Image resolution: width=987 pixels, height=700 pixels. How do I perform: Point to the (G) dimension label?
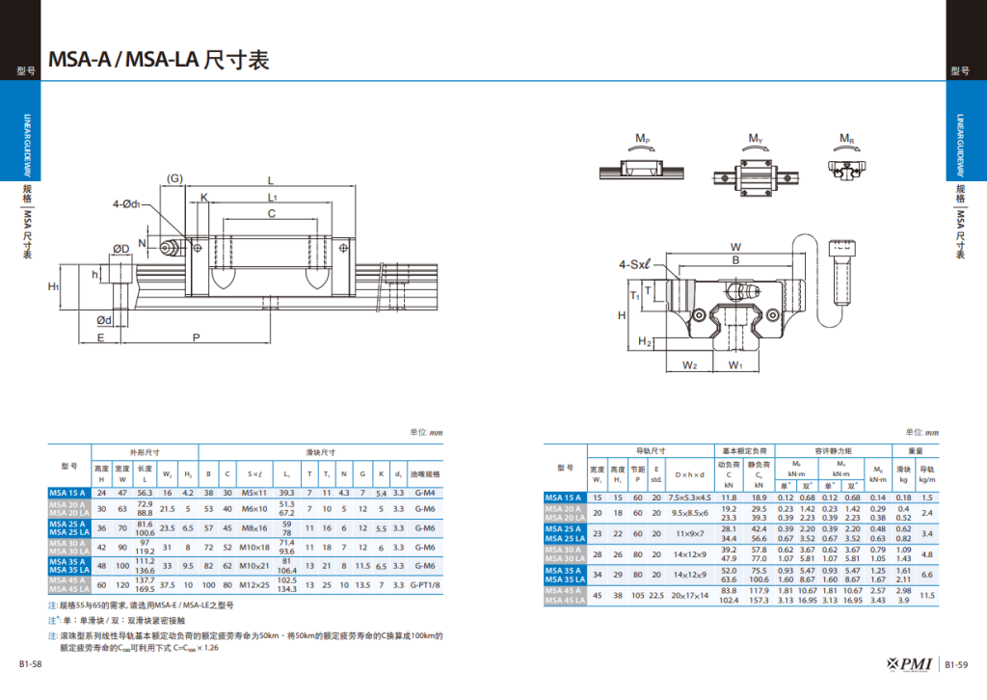pyautogui.click(x=174, y=178)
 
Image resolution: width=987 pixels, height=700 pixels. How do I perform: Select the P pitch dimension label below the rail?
pyautogui.click(x=197, y=337)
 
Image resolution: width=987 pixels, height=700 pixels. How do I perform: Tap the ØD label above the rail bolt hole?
pyautogui.click(x=121, y=249)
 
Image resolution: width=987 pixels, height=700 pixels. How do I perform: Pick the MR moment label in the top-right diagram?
pyautogui.click(x=846, y=140)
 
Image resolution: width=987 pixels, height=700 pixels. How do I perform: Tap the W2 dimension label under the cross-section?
pyautogui.click(x=690, y=365)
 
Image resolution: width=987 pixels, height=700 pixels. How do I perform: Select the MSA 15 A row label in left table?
pyautogui.click(x=68, y=493)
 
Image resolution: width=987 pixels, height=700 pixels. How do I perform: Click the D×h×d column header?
pyautogui.click(x=689, y=475)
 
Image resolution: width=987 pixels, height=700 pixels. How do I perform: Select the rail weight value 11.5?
pyautogui.click(x=927, y=595)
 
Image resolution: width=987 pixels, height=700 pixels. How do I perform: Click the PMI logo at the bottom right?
pyautogui.click(x=911, y=664)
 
